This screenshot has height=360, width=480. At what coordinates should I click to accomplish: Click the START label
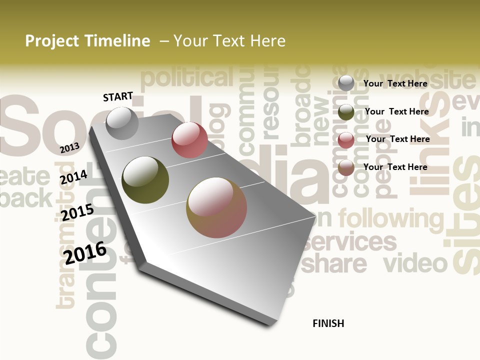[x=118, y=96]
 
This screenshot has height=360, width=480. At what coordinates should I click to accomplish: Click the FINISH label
[x=328, y=323]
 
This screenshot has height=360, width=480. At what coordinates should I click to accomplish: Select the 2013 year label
[x=69, y=147]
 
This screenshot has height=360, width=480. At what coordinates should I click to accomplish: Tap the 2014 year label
[x=73, y=177]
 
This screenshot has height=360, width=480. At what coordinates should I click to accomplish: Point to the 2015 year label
[x=77, y=212]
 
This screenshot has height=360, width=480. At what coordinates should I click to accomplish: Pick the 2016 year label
[x=85, y=252]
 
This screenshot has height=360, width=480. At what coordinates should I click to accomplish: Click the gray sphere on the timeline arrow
[x=122, y=123]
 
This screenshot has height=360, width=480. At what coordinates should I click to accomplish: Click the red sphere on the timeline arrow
[x=189, y=140]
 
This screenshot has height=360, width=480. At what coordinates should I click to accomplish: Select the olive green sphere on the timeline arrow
[x=145, y=180]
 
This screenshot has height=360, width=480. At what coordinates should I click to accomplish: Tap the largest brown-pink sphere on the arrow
[x=216, y=207]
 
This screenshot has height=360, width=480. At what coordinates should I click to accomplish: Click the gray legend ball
[x=346, y=83]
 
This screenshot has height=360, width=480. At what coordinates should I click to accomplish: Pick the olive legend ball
[x=346, y=112]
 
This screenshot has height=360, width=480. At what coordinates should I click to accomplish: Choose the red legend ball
[x=346, y=140]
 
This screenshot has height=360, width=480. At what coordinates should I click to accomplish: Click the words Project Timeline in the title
[x=87, y=41]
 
